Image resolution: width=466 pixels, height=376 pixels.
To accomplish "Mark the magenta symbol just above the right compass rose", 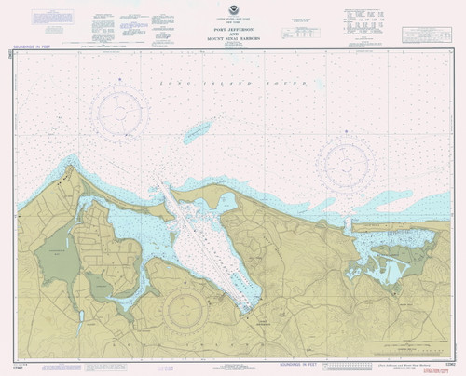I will (x=347, y=132).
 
